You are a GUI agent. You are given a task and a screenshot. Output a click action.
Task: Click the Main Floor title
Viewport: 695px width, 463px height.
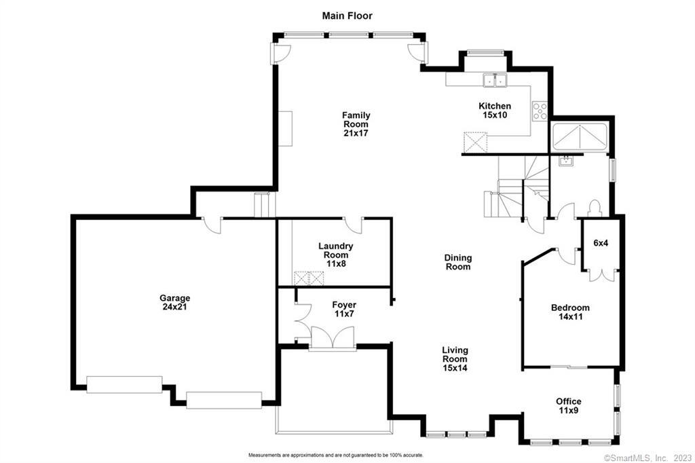[x=347, y=16]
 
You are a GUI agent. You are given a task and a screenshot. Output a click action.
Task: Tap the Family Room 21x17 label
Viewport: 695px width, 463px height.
[x=356, y=124]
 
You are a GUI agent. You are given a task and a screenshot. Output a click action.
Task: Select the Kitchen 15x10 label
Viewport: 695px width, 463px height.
[x=495, y=111]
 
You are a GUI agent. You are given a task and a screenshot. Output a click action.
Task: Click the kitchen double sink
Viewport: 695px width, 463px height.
[x=495, y=80]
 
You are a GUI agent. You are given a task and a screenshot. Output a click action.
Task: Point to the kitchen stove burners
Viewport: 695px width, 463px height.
[x=540, y=111]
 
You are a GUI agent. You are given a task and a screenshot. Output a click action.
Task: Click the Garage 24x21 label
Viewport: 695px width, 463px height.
[x=174, y=303]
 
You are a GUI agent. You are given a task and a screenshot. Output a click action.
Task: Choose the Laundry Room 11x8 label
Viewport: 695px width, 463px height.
[x=335, y=255]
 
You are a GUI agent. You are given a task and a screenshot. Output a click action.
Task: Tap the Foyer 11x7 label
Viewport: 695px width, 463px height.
[x=344, y=310]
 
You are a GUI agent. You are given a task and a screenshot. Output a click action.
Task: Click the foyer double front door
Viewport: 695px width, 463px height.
[x=333, y=337]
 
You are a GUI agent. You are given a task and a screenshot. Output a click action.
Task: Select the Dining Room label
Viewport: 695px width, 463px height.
[x=458, y=262]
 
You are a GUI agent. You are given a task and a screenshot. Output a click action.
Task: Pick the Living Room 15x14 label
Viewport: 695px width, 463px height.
[x=455, y=359]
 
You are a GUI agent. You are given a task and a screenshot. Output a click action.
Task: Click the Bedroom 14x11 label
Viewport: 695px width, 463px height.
[x=570, y=312]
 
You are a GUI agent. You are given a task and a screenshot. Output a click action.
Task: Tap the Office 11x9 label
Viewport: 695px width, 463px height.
[x=568, y=406]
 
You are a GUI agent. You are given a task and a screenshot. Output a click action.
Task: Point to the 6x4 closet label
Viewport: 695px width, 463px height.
[x=601, y=243]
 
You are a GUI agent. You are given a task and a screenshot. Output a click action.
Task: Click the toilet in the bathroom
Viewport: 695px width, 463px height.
[x=594, y=208]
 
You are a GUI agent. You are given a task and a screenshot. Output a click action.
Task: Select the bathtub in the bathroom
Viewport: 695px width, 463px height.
[x=579, y=138]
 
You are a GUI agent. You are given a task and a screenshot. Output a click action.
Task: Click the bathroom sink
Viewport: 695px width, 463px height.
[x=566, y=160]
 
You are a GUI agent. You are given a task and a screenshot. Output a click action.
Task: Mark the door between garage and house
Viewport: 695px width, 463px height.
[x=212, y=225]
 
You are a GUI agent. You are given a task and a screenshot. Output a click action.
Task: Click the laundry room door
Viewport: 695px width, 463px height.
[x=353, y=225]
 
